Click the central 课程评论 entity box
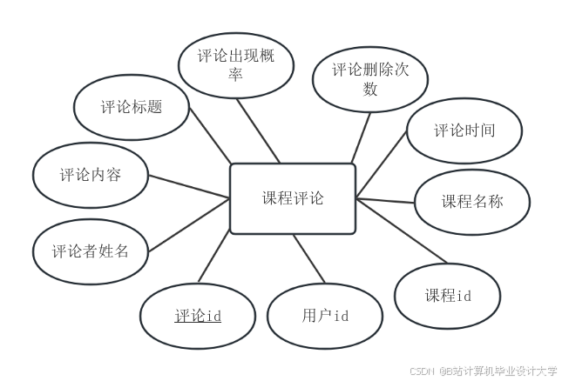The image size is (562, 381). pos(293,199)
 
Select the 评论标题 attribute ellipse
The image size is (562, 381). pos(132,108)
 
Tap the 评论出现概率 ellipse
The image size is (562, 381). pos(234,66)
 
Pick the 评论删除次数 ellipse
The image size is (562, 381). pos(369,79)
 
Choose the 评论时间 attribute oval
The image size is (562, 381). pos(464,131)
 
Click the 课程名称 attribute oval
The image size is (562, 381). pos(471,203)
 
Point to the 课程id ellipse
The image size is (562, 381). pos(448,296)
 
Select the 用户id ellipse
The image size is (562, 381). pos(325,316)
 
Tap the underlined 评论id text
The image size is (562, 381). pos(198,316)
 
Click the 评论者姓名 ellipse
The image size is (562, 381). pos(90,252)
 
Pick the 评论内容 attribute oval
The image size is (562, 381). pos(90,175)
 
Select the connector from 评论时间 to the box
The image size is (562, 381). pos(382,165)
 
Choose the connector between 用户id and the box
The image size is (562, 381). pos(308,261)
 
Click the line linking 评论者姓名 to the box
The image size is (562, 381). pos(189,220)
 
